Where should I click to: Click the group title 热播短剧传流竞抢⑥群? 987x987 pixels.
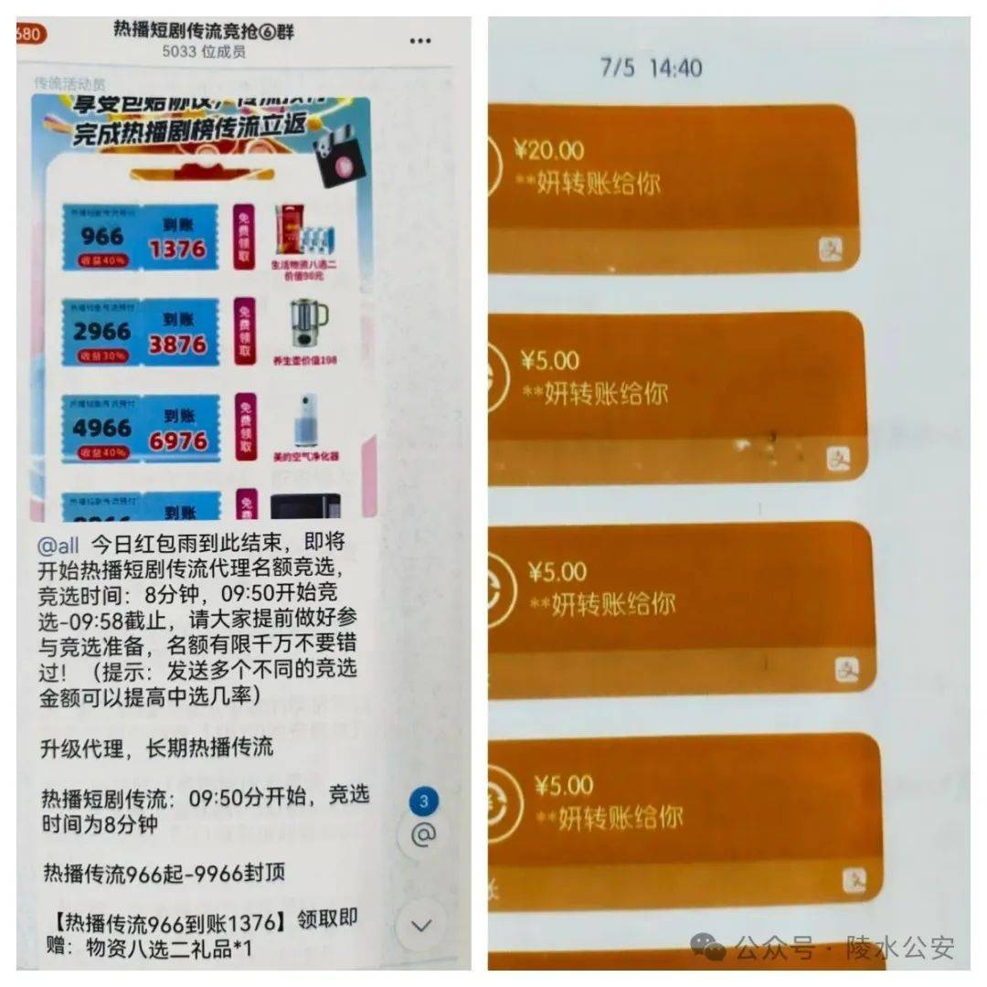pyautogui.click(x=204, y=30)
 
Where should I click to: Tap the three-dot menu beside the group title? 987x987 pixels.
pyautogui.click(x=419, y=41)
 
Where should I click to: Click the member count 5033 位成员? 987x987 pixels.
pyautogui.click(x=204, y=52)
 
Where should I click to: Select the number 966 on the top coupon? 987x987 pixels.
pyautogui.click(x=101, y=236)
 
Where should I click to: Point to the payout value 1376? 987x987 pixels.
pyautogui.click(x=177, y=249)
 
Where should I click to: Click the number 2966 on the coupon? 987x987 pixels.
pyautogui.click(x=101, y=332)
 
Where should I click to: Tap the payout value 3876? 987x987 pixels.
pyautogui.click(x=177, y=345)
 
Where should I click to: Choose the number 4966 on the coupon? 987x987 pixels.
pyautogui.click(x=101, y=428)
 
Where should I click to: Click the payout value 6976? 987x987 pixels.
pyautogui.click(x=177, y=440)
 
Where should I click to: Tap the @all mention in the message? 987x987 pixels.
pyautogui.click(x=58, y=546)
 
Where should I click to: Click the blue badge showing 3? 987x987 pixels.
pyautogui.click(x=423, y=802)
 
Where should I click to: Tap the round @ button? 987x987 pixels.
pyautogui.click(x=423, y=834)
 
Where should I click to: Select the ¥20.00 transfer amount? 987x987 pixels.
pyautogui.click(x=549, y=150)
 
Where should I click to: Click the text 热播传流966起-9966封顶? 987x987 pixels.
pyautogui.click(x=164, y=873)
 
